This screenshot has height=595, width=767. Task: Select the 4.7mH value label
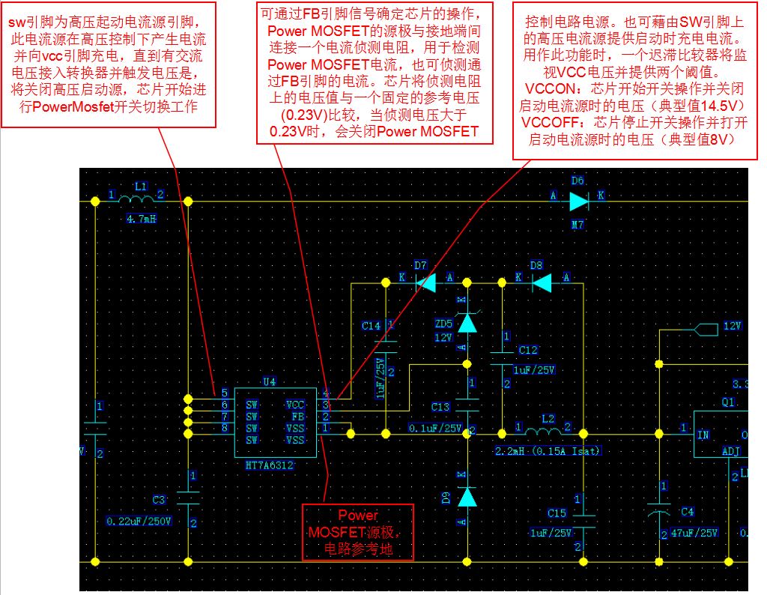point(141,220)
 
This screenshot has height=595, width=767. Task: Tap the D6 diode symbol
point(577,201)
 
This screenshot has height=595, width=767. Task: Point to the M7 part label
point(577,223)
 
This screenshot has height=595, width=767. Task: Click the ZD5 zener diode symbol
point(467,321)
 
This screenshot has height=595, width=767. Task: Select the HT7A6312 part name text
point(269,465)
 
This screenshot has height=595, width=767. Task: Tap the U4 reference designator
point(269,381)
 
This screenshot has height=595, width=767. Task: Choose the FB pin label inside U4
point(297,417)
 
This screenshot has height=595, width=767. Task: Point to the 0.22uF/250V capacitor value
point(139,521)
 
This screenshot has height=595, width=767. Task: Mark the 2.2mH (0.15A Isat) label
point(548,451)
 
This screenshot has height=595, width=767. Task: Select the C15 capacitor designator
point(557,513)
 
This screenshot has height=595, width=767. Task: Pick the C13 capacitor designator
point(440,407)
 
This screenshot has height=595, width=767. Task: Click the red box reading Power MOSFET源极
point(357,532)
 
